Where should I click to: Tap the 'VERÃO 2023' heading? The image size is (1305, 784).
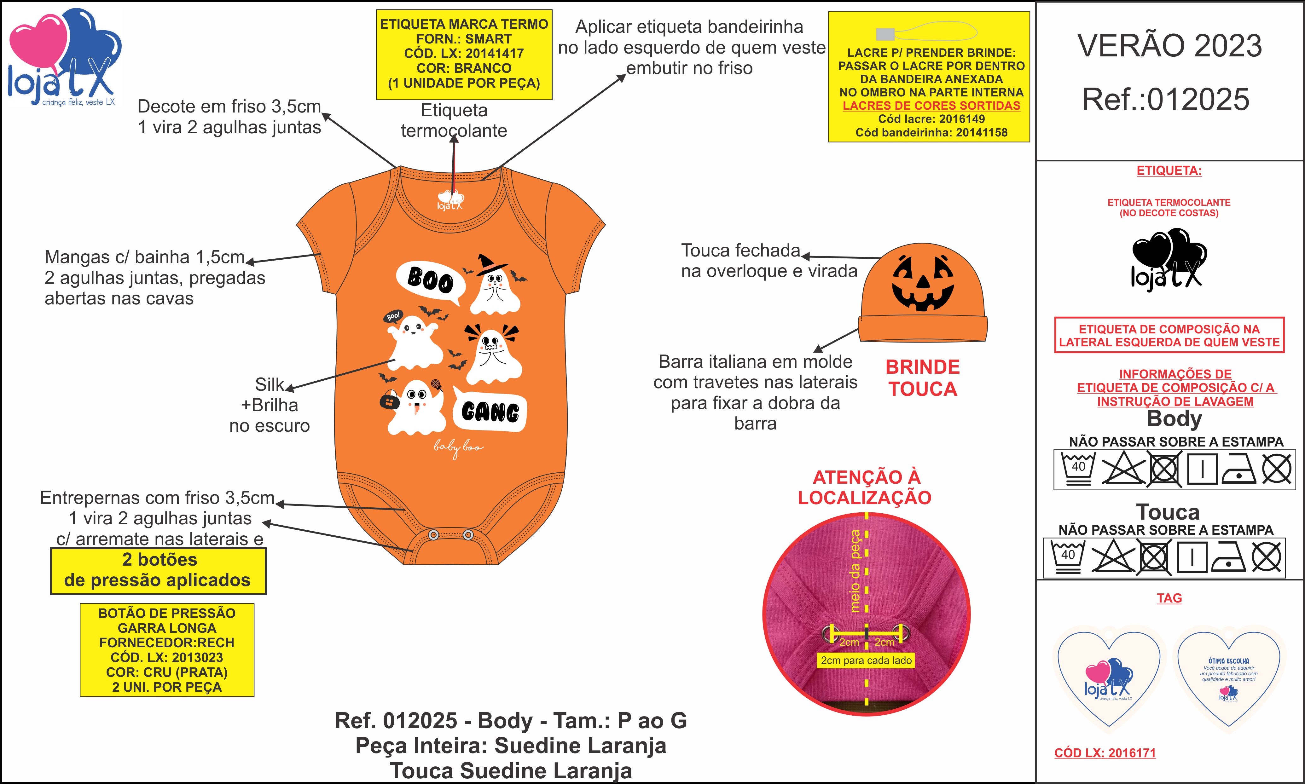(x=1169, y=46)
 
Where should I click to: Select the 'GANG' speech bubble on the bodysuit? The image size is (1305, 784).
(x=490, y=412)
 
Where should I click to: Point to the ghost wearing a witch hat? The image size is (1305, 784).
(x=495, y=285)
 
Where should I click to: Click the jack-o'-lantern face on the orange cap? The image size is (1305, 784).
(x=923, y=283)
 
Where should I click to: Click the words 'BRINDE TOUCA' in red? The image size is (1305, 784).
(x=922, y=378)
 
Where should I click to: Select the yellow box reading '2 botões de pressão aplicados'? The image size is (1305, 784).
(x=158, y=571)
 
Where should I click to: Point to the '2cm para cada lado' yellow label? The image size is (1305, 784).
(x=866, y=660)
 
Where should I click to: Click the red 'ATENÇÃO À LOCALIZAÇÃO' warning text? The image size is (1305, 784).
(x=865, y=487)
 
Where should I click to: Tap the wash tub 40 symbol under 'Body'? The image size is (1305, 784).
(x=1078, y=468)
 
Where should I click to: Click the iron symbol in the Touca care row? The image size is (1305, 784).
(x=1228, y=558)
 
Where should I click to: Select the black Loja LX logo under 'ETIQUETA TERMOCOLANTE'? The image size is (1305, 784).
(x=1168, y=259)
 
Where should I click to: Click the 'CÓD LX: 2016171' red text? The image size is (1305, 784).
(x=1105, y=753)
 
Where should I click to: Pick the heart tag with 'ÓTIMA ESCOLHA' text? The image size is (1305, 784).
(x=1228, y=679)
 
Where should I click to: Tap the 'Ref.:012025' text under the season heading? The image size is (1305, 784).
(x=1166, y=99)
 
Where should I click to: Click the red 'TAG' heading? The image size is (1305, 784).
(x=1169, y=598)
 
